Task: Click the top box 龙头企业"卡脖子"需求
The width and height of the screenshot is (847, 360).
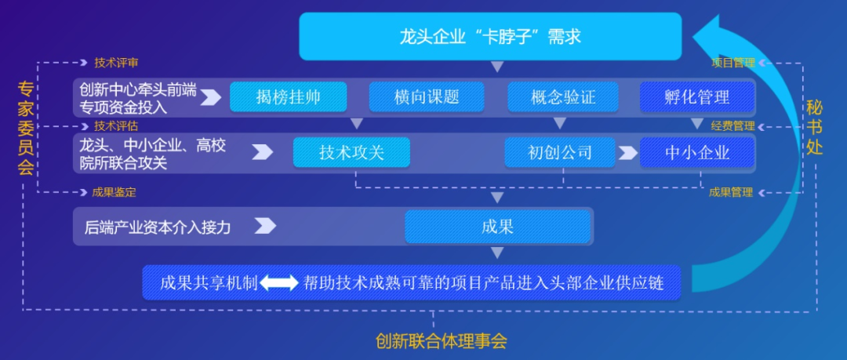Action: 490,36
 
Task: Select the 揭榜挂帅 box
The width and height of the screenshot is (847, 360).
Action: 289,97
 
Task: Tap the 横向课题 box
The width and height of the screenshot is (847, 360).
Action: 427,97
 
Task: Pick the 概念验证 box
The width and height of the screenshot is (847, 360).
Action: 563,97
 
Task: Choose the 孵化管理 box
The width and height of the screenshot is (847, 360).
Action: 697,97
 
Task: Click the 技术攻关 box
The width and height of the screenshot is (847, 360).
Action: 351,152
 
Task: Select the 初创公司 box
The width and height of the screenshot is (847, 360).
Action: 560,152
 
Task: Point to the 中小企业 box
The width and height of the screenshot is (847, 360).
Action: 697,152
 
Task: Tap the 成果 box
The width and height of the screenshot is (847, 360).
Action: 497,227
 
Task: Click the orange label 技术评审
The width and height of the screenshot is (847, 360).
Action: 116,63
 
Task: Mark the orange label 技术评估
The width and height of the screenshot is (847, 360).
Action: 116,125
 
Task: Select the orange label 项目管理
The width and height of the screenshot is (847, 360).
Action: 732,63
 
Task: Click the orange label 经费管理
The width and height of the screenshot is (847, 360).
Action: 732,125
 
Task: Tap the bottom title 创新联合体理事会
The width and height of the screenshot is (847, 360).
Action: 442,342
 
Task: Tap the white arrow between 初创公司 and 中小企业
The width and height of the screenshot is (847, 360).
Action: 627,152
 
